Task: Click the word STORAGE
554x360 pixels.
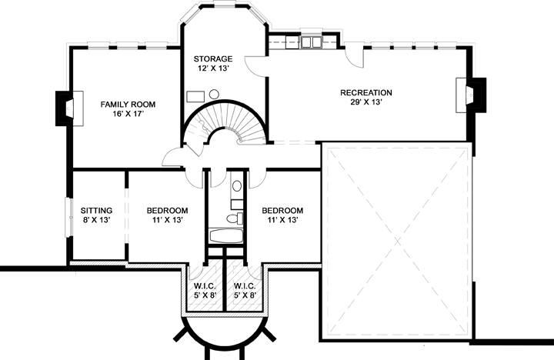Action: pos(212,58)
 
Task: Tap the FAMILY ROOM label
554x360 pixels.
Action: pos(128,105)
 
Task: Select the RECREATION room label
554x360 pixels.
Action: pos(366,92)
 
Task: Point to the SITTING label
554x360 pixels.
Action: pos(96,211)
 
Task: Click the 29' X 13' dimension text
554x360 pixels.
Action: pos(366,102)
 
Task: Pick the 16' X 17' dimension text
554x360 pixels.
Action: pos(128,114)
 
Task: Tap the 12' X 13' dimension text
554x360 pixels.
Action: pos(212,68)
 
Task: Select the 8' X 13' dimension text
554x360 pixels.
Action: pos(96,220)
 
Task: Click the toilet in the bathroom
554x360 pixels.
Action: pos(235,218)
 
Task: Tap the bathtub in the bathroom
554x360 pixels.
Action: pos(226,235)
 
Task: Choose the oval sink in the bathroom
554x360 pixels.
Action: pos(237,186)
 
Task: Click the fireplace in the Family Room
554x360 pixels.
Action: pos(69,108)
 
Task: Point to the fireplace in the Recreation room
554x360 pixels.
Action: pos(472,95)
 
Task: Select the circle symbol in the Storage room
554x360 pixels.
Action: pos(214,94)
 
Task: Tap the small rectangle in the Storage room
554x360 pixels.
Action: pos(195,97)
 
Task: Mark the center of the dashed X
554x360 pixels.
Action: pos(398,242)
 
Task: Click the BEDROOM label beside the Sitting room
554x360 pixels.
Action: pos(168,211)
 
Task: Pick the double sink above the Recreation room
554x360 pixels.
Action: pos(312,42)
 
